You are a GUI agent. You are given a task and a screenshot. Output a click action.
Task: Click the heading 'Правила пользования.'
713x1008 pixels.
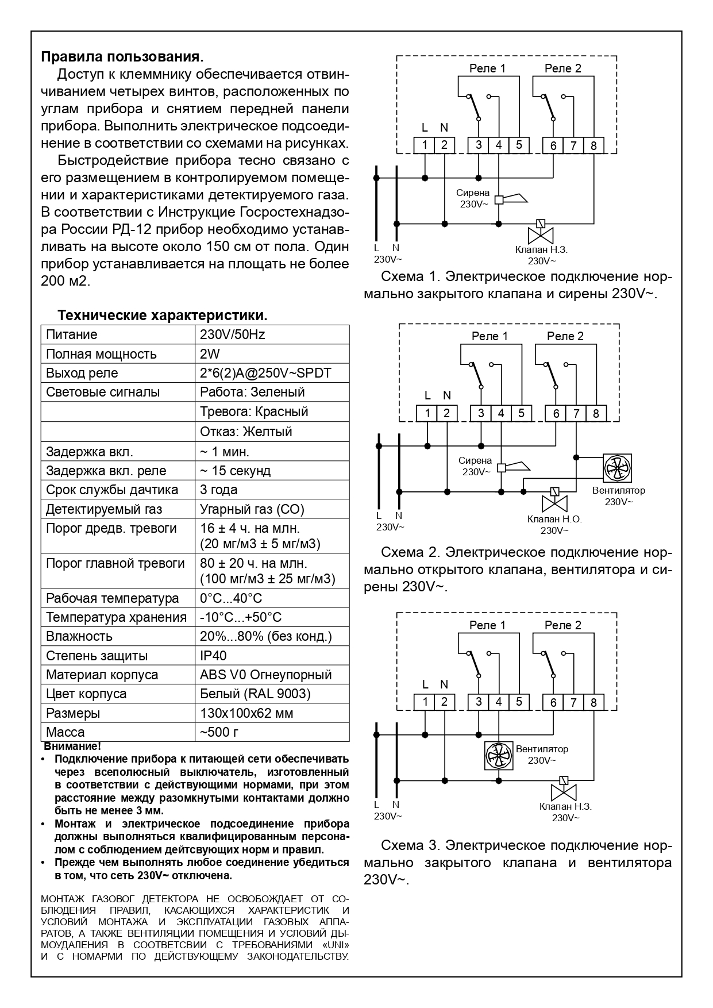pos(122,57)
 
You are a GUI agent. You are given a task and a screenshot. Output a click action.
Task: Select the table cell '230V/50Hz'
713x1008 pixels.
pos(232,334)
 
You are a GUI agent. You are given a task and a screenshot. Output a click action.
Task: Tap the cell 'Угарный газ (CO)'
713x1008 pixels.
pos(252,509)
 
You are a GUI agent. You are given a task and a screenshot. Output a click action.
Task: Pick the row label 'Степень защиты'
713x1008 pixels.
pos(97,656)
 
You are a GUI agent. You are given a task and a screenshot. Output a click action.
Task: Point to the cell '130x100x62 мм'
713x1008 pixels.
pos(246,713)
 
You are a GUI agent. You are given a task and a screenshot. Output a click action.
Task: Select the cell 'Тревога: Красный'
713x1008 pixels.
pos(254,411)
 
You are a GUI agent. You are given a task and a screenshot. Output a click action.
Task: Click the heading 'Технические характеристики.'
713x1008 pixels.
pos(163,316)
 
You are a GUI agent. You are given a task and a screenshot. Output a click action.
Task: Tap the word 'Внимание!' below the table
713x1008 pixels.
pos(72,747)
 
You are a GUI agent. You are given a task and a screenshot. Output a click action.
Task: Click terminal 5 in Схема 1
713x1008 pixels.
pos(518,145)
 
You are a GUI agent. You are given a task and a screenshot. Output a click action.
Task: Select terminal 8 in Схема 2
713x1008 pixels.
pos(596,413)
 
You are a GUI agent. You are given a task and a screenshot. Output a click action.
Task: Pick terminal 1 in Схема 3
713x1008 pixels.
pos(425,702)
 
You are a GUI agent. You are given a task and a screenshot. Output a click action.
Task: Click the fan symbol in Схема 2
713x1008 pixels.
pos(618,468)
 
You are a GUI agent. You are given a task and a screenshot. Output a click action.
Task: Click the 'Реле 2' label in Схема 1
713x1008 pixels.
pos(562,68)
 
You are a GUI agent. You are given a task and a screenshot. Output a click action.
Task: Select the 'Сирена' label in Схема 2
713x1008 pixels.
pos(475,460)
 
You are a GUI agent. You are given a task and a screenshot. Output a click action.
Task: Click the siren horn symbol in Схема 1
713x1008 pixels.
pos(515,199)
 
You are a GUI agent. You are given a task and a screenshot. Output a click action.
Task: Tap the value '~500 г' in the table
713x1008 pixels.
pos(219,732)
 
